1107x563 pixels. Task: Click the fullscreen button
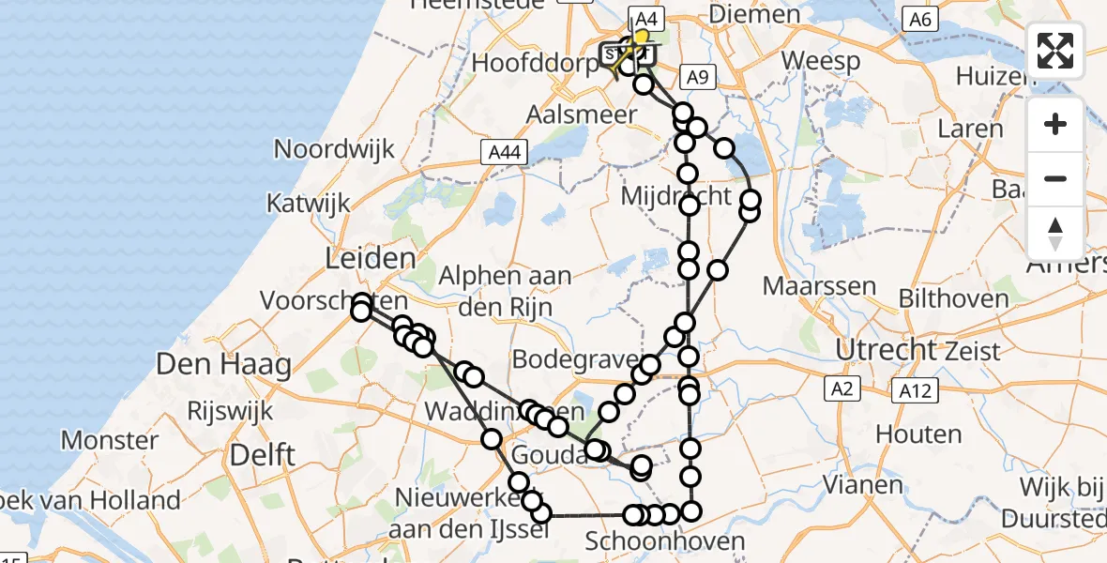pos(1055,51)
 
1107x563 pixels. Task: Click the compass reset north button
pos(1055,233)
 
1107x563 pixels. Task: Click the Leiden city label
pos(370,258)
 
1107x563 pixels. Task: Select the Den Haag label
pos(223,365)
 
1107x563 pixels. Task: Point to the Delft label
pos(263,456)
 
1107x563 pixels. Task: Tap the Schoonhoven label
pos(652,541)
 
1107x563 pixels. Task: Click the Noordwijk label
pos(333,149)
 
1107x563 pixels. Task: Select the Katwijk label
pos(308,203)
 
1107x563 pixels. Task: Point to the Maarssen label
pos(807,286)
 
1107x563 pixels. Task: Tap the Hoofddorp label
pos(536,64)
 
